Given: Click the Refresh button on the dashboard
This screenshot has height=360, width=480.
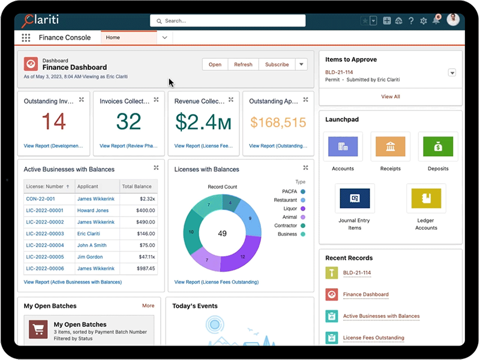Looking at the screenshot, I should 243,65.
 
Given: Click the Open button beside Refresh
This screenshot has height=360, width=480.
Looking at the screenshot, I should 215,65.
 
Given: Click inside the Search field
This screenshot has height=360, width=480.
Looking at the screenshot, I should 228,21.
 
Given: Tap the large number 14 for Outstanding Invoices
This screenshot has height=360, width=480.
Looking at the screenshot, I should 53,122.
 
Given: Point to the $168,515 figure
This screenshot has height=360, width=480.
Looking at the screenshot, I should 278,123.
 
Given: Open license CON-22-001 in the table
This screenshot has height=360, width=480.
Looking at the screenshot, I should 40,199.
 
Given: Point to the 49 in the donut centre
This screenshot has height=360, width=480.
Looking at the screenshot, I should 222,233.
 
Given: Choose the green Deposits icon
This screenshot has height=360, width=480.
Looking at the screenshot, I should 438,146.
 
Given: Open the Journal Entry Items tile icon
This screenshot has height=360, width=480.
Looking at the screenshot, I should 355,198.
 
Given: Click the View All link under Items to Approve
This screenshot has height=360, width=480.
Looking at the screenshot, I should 391,97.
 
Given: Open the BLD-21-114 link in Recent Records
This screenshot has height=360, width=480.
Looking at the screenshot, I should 357,273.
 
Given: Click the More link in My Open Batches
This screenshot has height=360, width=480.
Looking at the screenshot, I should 148,306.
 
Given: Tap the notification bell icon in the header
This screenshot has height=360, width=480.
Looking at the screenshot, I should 436,21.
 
